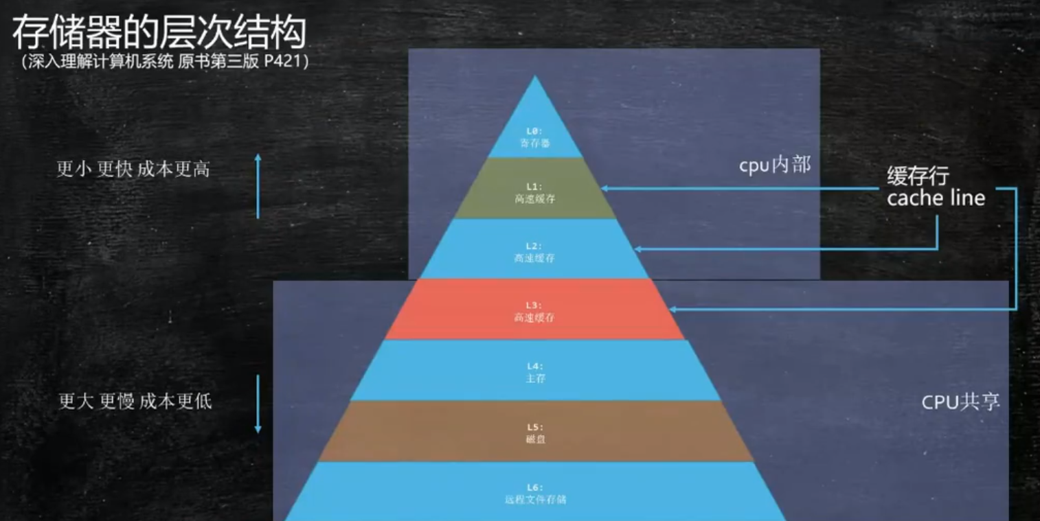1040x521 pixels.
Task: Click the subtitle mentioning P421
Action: [x=165, y=61]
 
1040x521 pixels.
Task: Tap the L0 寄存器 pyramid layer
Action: [x=535, y=137]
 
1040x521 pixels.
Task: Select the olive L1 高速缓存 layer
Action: [x=535, y=192]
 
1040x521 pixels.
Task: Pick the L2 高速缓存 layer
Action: [x=535, y=251]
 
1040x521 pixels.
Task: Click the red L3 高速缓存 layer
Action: [x=535, y=310]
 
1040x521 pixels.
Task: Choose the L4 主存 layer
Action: [x=535, y=371]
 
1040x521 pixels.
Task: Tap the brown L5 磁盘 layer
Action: [x=535, y=432]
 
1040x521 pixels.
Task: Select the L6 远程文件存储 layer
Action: [x=535, y=492]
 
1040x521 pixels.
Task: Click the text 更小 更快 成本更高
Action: [x=133, y=169]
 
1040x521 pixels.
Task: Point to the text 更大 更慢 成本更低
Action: [x=135, y=401]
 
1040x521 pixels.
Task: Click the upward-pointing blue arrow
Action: [x=258, y=186]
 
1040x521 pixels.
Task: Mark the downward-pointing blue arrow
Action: [x=258, y=404]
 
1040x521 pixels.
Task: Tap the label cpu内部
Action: [x=774, y=165]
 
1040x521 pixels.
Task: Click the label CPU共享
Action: [x=960, y=402]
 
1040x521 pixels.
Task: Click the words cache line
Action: [x=936, y=198]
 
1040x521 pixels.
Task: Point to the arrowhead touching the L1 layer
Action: [x=604, y=187]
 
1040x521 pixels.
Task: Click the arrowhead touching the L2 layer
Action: [x=637, y=248]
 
